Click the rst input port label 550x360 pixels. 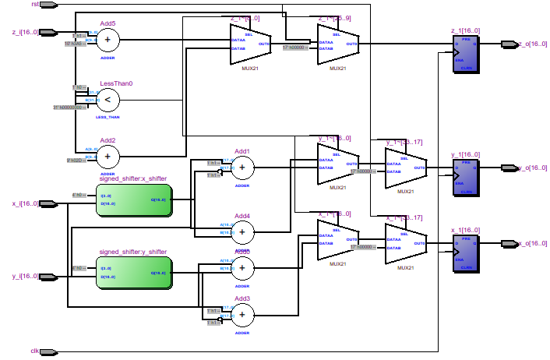(x=35, y=5)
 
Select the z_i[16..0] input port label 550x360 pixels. (x=25, y=32)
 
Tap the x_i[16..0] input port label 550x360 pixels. (x=25, y=203)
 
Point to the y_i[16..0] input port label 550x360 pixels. (x=25, y=277)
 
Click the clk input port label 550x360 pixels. (x=34, y=351)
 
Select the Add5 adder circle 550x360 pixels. (x=108, y=39)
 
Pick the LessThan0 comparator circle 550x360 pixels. (x=108, y=99)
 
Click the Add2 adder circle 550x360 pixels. (x=108, y=157)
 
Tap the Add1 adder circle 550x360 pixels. (x=242, y=166)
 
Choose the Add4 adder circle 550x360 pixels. (x=242, y=231)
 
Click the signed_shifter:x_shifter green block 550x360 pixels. (x=133, y=199)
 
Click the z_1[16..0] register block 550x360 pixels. (x=467, y=54)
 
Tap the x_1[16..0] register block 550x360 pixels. (x=467, y=252)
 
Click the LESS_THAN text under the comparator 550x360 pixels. (x=108, y=117)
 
